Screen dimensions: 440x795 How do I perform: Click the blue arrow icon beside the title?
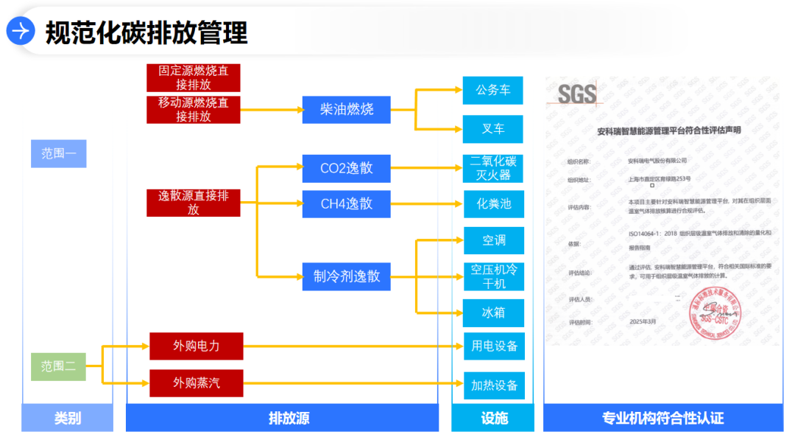[21, 31]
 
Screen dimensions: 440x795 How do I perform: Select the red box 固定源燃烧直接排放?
[194, 77]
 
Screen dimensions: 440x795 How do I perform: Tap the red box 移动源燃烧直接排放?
[194, 110]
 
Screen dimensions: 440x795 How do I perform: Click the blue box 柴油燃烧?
[346, 110]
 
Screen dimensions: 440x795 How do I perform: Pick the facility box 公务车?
[492, 91]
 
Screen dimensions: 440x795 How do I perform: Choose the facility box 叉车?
[492, 129]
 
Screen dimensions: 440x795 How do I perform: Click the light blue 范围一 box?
[59, 154]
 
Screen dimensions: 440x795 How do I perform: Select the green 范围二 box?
[59, 366]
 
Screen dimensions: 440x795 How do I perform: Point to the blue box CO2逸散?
[346, 168]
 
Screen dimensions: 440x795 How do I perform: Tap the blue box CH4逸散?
[346, 204]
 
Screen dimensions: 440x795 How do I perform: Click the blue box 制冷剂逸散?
[346, 276]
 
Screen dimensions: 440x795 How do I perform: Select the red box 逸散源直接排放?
[194, 203]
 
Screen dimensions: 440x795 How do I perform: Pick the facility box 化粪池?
[493, 204]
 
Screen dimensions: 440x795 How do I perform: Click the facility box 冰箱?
[493, 313]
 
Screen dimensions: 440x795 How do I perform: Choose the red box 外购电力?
[196, 346]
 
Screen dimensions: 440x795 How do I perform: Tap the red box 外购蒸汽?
[196, 383]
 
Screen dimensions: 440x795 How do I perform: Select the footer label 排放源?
[289, 419]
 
